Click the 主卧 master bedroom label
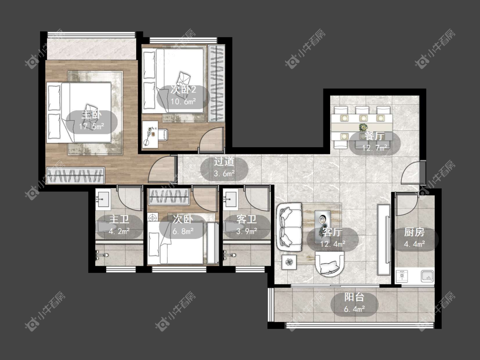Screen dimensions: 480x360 click(x=91, y=115)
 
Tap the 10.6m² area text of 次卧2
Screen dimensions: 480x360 click(x=183, y=102)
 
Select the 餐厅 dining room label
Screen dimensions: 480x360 click(x=374, y=136)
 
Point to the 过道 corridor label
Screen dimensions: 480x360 click(x=224, y=161)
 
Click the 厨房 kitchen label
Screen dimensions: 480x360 click(x=414, y=232)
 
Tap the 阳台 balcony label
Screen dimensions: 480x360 click(x=354, y=296)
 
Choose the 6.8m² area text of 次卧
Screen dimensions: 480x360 click(x=183, y=231)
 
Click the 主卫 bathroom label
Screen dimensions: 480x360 click(x=119, y=219)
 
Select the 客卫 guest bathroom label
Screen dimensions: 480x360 click(x=247, y=219)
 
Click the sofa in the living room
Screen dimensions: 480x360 click(x=289, y=227)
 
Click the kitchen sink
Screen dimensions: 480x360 click(x=427, y=276)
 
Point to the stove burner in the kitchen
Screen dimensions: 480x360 click(x=401, y=276)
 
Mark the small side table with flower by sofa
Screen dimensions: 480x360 click(x=289, y=262)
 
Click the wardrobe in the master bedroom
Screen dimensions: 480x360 click(x=75, y=175)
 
